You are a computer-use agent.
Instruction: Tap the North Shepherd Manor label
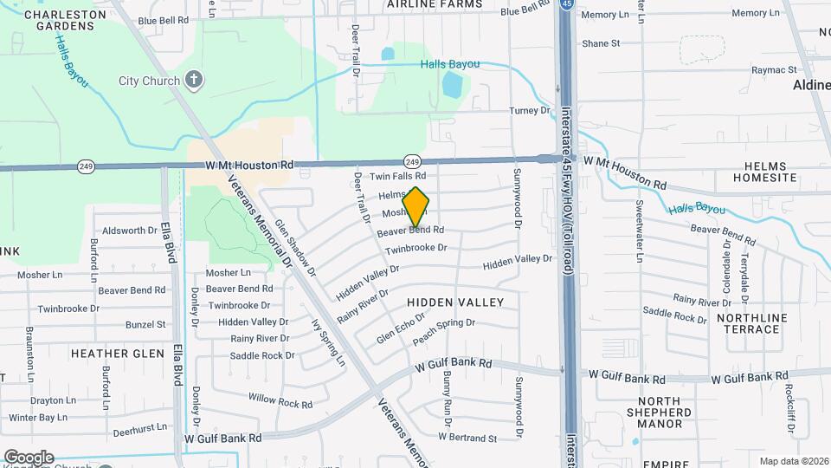pos(673,412)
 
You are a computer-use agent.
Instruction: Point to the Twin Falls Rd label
pos(398,177)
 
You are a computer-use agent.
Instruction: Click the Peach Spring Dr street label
pos(444,329)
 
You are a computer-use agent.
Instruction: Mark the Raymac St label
pos(773,69)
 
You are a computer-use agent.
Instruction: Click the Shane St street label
pos(601,42)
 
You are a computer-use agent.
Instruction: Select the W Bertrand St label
pos(467,438)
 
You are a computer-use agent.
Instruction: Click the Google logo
pos(29,457)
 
